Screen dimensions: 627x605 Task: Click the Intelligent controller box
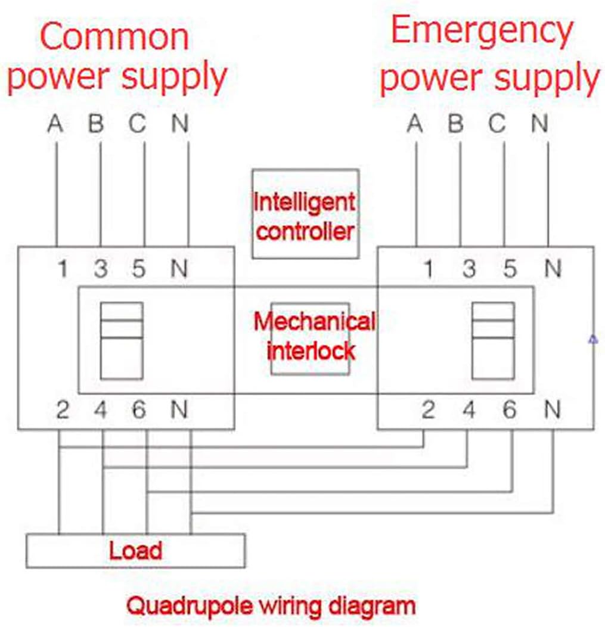(x=305, y=213)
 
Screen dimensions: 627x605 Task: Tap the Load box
(x=135, y=550)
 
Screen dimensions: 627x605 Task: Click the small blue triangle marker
(x=592, y=339)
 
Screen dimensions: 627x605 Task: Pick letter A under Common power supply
(x=55, y=125)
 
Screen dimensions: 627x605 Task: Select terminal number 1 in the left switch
(x=62, y=269)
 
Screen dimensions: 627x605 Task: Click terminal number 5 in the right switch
(x=510, y=269)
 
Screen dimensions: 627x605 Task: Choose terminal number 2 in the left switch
(x=62, y=410)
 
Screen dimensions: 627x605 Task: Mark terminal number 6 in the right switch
(x=510, y=410)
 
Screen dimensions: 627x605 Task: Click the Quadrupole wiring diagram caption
(x=271, y=606)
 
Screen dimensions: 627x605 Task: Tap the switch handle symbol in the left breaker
(x=122, y=340)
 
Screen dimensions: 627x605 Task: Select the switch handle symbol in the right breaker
(x=493, y=340)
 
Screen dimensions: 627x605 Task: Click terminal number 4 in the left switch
(x=101, y=410)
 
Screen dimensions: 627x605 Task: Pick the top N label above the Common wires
(x=180, y=125)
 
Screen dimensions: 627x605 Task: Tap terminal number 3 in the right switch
(x=470, y=269)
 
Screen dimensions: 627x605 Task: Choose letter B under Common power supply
(x=97, y=125)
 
